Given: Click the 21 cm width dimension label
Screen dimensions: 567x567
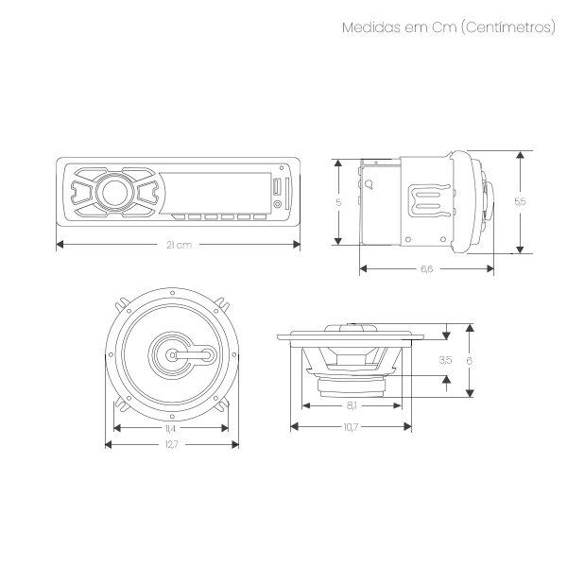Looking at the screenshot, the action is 179,245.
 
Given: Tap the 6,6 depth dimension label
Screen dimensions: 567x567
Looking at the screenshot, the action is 427,268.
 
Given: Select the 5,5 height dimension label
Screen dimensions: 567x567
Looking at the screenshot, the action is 520,201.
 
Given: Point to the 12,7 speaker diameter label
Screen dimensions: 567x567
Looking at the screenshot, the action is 171,444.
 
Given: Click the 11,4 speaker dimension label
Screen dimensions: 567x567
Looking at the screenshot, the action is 170,428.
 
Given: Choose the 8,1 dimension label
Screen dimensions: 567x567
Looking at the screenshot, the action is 352,405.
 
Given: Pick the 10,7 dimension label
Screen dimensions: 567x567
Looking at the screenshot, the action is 351,427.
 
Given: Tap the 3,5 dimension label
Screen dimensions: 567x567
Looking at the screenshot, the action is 445,360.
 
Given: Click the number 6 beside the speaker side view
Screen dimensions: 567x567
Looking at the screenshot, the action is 470,361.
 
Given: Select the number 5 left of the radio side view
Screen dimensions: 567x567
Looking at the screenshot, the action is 338,202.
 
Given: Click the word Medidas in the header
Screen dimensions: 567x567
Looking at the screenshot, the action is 371,27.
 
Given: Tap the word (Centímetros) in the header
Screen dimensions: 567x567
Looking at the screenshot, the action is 508,27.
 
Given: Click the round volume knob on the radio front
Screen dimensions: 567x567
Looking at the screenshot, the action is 114,193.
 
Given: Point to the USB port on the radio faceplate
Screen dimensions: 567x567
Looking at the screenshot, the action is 277,187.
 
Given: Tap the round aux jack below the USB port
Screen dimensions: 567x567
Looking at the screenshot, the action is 277,204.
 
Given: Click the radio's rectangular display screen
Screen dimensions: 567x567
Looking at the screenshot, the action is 215,193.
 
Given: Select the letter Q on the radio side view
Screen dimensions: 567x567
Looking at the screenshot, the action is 369,185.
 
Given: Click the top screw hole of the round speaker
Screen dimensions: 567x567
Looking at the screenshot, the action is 173,293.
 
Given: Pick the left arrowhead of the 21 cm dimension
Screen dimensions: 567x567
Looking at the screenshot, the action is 60,245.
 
